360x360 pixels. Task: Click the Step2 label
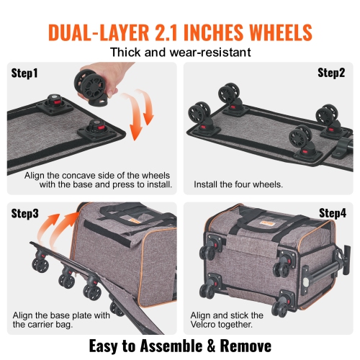pos(333,73)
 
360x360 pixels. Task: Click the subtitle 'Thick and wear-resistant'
pos(180,53)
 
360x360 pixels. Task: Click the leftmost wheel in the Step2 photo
pos(197,113)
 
